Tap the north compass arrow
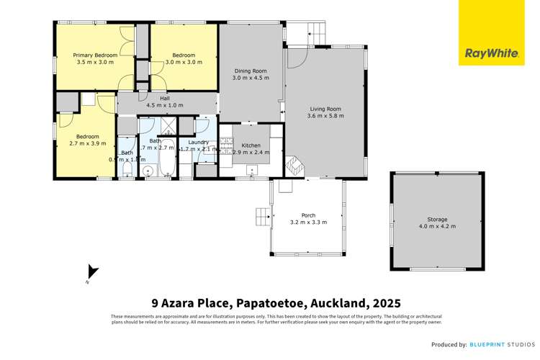(91, 271)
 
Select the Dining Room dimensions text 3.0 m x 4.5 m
(251, 78)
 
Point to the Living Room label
(323, 109)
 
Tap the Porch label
(308, 215)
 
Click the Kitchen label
(251, 145)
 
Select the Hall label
(164, 98)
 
